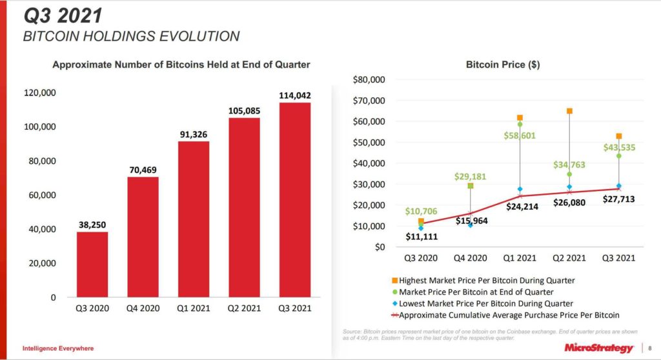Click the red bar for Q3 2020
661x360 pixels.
click(92, 265)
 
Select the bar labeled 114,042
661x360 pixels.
click(295, 200)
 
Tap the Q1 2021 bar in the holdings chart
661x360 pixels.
click(194, 219)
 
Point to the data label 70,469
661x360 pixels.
click(143, 170)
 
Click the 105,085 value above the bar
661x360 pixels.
click(245, 111)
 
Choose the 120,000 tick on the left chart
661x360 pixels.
click(40, 93)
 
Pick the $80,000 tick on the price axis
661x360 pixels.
click(369, 79)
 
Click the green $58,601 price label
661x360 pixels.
click(520, 135)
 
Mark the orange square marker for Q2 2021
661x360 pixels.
click(569, 111)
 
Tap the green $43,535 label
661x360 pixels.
click(620, 147)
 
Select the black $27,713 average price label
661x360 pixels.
click(619, 199)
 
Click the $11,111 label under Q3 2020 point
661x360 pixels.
click(421, 237)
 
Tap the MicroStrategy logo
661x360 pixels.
click(598, 348)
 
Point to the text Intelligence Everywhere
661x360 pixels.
click(58, 348)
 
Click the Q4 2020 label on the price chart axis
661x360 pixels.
click(470, 258)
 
